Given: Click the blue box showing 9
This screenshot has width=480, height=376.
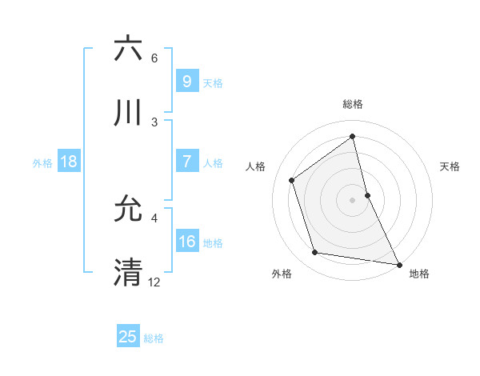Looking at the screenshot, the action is click(x=186, y=82).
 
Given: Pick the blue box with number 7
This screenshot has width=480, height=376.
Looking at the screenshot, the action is click(x=186, y=162).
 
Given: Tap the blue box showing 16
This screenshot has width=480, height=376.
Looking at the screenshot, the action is click(x=186, y=242).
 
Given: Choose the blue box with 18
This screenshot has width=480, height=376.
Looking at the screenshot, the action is click(x=69, y=162).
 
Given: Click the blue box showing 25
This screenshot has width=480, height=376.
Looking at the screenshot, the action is click(x=128, y=337).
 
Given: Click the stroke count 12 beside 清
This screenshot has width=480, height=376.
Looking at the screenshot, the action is click(x=154, y=282).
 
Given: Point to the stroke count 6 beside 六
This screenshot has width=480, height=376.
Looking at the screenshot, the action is click(x=154, y=58).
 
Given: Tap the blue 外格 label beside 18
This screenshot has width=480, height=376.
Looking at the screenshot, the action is click(x=42, y=162).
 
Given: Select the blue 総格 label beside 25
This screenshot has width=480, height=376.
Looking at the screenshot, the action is click(x=154, y=338).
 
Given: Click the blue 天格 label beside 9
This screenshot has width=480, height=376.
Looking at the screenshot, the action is click(x=213, y=82).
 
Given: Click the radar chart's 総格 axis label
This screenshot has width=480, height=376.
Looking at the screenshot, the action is click(x=353, y=105).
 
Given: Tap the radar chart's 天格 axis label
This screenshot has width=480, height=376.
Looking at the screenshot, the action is click(x=450, y=166).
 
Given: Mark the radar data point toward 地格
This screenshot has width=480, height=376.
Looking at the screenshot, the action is click(x=398, y=264).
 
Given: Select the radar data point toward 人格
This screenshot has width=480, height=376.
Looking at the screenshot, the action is click(x=292, y=180).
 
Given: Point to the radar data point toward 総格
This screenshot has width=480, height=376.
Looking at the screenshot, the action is click(x=353, y=137).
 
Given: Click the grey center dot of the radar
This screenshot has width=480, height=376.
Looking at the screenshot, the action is click(x=353, y=200).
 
